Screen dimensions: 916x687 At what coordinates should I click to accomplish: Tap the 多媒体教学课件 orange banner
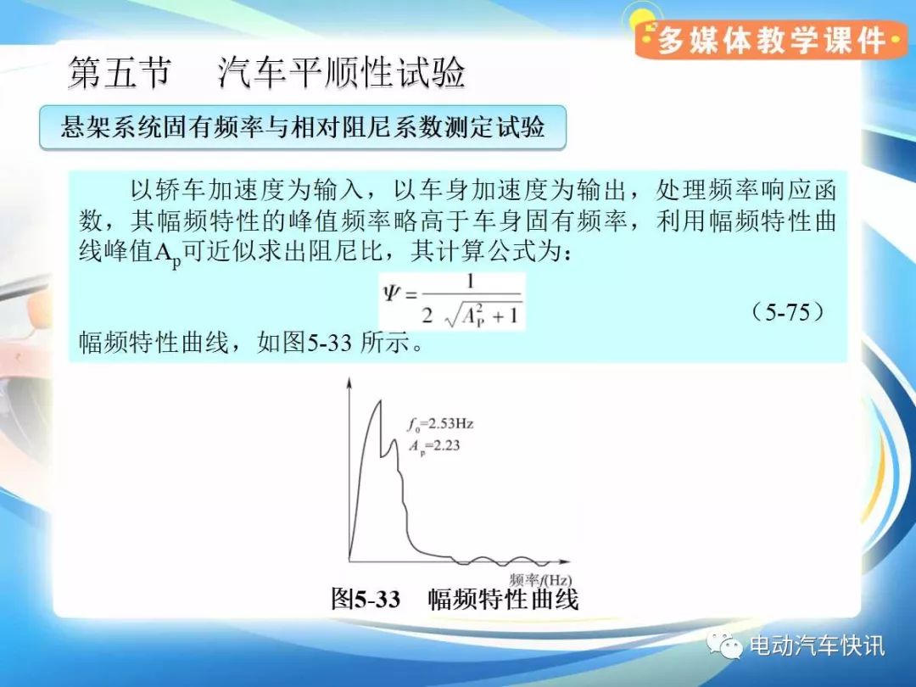pyautogui.click(x=771, y=40)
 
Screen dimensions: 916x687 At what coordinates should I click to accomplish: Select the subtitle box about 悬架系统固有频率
pyautogui.click(x=303, y=126)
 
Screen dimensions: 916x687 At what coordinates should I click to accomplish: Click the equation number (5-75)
pyautogui.click(x=787, y=312)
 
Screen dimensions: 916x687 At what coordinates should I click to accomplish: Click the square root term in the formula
pyautogui.click(x=483, y=316)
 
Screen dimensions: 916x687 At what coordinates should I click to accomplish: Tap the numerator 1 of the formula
pyautogui.click(x=470, y=282)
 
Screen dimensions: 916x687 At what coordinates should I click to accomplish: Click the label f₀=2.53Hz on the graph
pyautogui.click(x=440, y=423)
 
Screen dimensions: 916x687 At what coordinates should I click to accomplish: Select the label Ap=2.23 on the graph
pyautogui.click(x=434, y=446)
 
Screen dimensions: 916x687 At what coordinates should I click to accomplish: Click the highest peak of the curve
pyautogui.click(x=380, y=400)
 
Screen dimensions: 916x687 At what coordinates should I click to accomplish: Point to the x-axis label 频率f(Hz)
pyautogui.click(x=539, y=580)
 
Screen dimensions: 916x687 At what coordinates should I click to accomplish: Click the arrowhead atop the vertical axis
pyautogui.click(x=349, y=383)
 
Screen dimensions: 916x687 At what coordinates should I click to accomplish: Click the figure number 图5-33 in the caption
pyautogui.click(x=366, y=599)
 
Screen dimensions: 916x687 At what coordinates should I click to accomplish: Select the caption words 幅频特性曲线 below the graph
pyautogui.click(x=503, y=599)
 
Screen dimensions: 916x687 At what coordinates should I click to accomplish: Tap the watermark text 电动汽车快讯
pyautogui.click(x=817, y=645)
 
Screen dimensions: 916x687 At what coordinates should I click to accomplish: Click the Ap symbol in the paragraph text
pyautogui.click(x=168, y=254)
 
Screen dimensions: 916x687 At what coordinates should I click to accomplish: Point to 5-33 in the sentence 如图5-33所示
pyautogui.click(x=329, y=343)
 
